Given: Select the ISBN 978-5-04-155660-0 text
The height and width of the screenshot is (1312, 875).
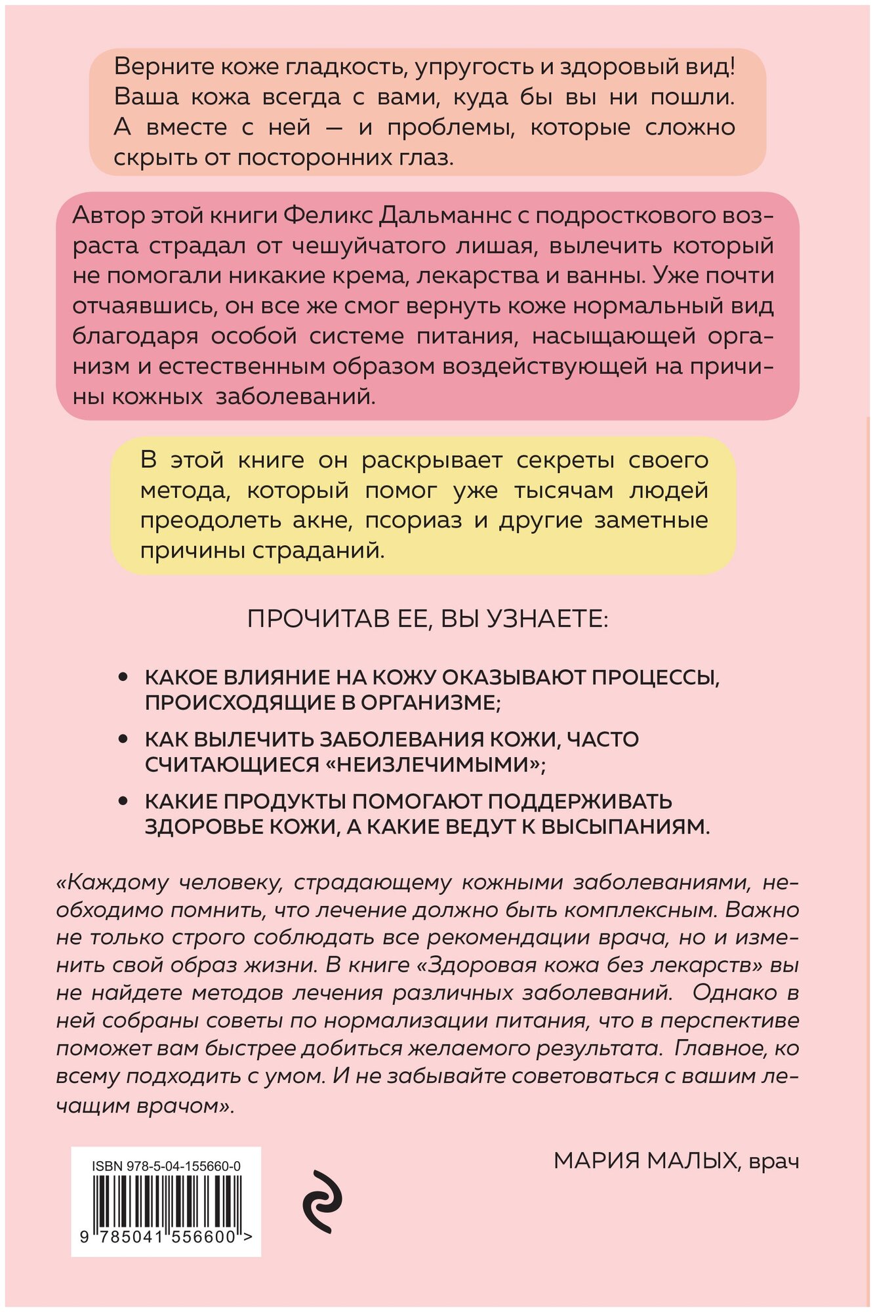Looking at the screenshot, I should [x=166, y=1166].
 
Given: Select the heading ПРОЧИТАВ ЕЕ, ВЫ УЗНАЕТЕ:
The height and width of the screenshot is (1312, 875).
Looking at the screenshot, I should [x=428, y=619].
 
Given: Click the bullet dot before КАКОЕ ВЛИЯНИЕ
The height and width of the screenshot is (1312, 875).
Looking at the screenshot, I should [x=122, y=677].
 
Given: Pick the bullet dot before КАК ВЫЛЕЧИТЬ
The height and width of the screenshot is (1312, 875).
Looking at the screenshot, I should [x=122, y=739].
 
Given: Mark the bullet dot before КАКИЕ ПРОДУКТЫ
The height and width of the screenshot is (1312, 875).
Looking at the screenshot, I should [x=122, y=802].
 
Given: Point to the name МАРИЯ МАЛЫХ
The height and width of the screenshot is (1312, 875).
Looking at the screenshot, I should [x=645, y=1161].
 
